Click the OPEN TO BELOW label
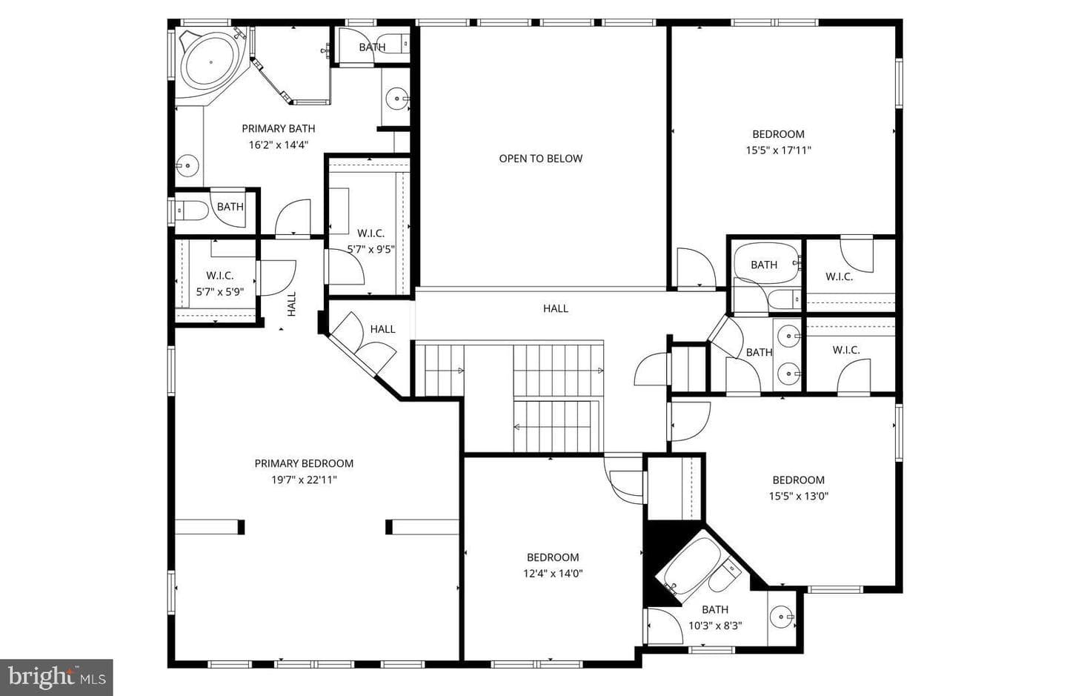pos(541,159)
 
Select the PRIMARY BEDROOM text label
pos(304,463)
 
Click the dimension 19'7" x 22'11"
pos(304,480)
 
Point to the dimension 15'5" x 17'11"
pos(778,150)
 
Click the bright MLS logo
pos(56,677)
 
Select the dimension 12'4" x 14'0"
pos(553,574)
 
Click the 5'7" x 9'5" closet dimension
pos(371,249)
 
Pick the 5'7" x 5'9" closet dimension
pos(220,291)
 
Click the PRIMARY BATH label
pos(278,129)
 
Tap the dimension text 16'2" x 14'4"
pos(278,145)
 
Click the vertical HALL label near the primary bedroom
pos(291,304)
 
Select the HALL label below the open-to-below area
pos(556,308)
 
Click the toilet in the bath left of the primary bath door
pos(191,210)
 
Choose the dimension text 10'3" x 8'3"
pos(715,626)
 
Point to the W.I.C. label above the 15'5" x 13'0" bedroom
pos(846,350)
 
